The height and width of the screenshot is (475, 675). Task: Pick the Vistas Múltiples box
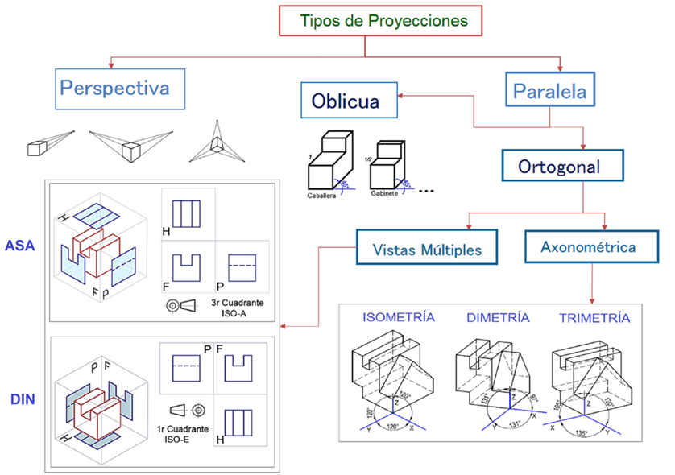coord(427,250)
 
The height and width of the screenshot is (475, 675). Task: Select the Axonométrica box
coord(589,247)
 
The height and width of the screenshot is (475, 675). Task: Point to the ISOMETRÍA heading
coord(399,317)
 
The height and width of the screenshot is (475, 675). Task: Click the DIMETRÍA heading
coord(498,318)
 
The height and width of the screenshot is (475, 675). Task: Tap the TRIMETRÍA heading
coord(594,318)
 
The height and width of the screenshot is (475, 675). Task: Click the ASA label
coord(19,245)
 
